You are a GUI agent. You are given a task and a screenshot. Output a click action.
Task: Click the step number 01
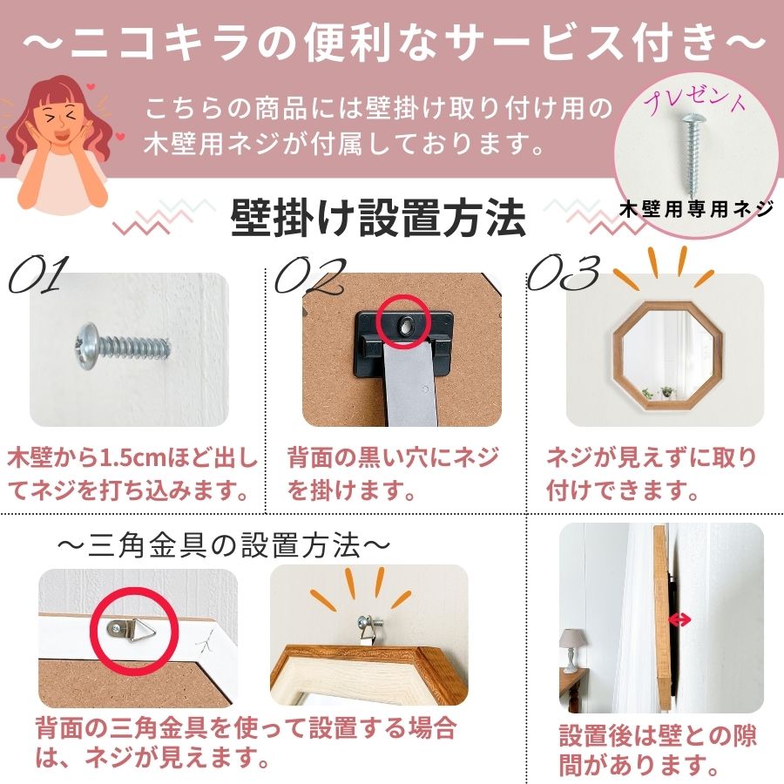(x=37, y=274)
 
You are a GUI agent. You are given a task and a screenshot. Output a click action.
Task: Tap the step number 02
(x=310, y=274)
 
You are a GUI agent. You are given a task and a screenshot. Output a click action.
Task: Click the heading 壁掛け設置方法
(x=379, y=217)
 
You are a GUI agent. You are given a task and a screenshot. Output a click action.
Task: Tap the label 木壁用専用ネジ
(x=696, y=209)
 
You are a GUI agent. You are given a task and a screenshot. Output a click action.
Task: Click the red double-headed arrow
(x=679, y=619)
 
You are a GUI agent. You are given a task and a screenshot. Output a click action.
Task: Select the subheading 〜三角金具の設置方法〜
(x=223, y=546)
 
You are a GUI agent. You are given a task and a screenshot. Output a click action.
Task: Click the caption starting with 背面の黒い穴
(x=392, y=473)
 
